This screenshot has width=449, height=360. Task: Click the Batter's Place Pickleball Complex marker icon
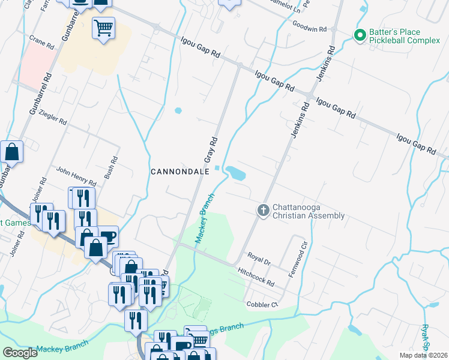click(x=360, y=36)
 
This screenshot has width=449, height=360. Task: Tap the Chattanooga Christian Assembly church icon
click(x=262, y=211)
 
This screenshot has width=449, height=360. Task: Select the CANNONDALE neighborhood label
click(x=179, y=171)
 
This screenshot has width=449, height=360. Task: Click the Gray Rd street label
click(x=211, y=150)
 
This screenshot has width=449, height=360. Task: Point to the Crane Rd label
click(x=41, y=40)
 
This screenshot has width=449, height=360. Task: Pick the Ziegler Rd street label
click(x=52, y=117)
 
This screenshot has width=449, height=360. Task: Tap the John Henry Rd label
click(x=76, y=175)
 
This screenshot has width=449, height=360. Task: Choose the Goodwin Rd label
click(x=310, y=28)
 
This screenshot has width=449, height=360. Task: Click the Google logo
click(x=19, y=353)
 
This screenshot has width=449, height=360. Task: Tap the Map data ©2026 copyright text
click(x=423, y=355)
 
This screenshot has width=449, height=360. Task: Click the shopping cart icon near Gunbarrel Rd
click(x=103, y=28)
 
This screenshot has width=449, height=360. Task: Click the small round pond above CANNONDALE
click(x=178, y=110)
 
